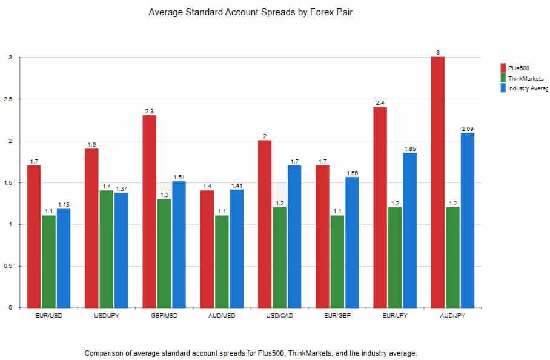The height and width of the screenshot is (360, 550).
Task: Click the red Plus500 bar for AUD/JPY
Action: [x=438, y=182]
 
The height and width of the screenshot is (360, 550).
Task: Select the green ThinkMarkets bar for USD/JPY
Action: [x=106, y=248]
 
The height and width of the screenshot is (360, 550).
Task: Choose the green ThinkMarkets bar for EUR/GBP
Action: [x=337, y=261]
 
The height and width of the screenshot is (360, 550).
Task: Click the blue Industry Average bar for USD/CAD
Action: [x=294, y=236]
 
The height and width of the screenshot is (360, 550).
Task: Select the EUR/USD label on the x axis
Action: [x=48, y=316]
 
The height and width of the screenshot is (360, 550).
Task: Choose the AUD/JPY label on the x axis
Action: [x=452, y=316]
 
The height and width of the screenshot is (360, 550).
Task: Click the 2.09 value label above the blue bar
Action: [x=466, y=128]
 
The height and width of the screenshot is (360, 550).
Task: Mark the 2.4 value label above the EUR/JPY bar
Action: [x=380, y=103]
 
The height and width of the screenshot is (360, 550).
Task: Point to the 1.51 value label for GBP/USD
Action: [x=179, y=177]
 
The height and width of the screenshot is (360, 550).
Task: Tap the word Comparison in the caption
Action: [x=107, y=353]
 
